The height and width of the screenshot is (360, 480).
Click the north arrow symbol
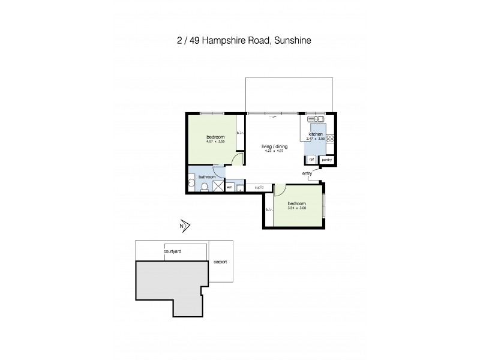click(185, 226)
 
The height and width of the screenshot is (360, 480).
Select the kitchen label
click(316, 134)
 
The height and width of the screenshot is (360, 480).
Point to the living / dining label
click(273, 146)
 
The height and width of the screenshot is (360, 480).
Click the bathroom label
click(207, 176)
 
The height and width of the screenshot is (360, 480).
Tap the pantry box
click(326, 160)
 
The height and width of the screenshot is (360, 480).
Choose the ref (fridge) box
click(311, 160)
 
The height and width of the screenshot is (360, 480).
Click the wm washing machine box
click(230, 187)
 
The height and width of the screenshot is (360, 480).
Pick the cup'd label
click(259, 187)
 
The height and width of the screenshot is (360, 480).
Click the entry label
click(307, 174)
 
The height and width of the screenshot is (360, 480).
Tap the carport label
click(220, 262)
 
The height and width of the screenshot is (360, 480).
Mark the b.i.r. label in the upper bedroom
click(239, 133)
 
